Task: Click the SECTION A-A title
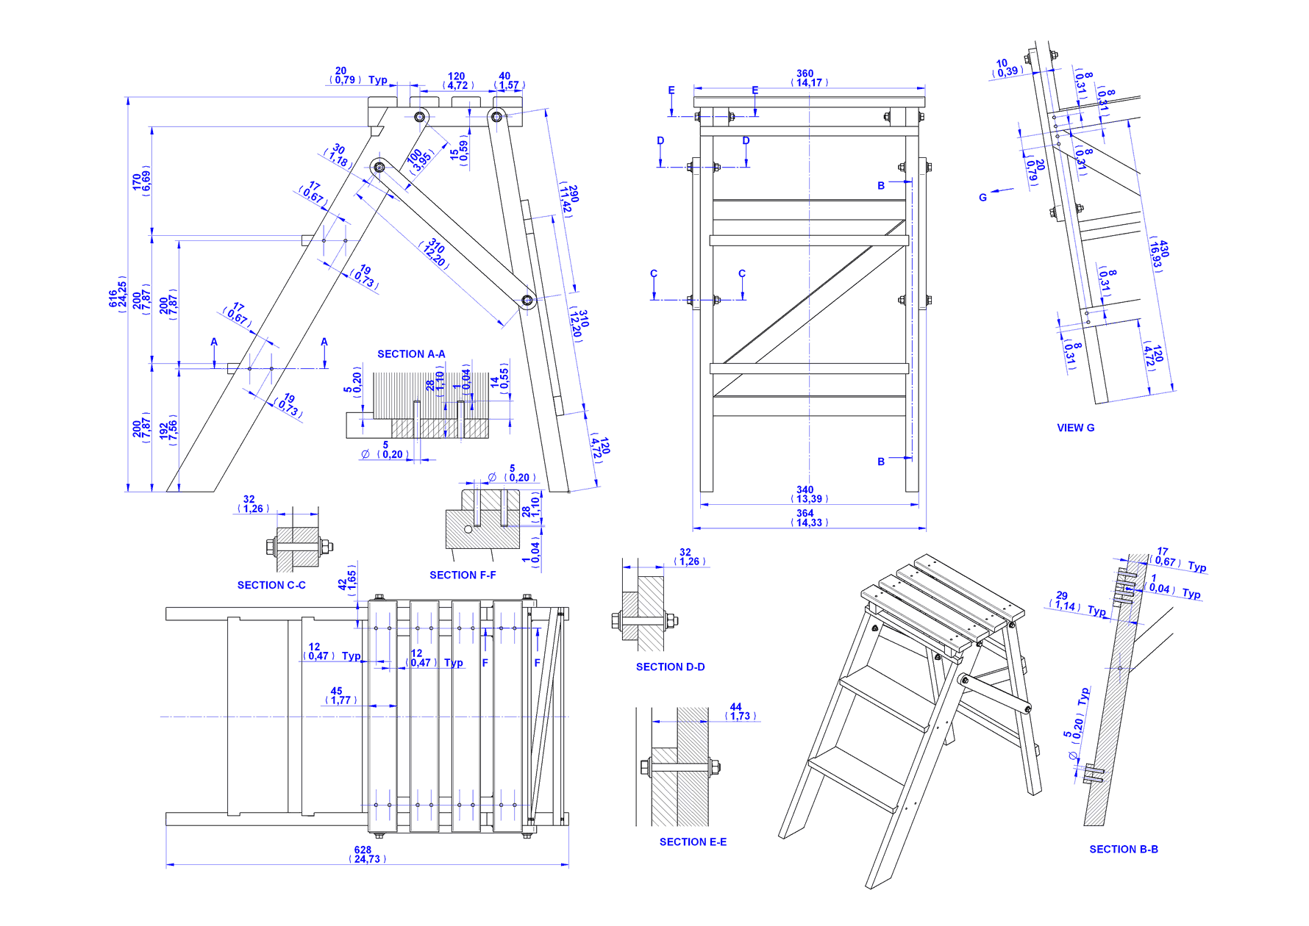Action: point(411,354)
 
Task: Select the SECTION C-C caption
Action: point(271,585)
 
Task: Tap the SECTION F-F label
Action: point(463,575)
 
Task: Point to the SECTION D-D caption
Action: point(670,667)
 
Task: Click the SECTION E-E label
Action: point(693,842)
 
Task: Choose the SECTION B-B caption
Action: point(1123,850)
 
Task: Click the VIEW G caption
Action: point(1075,428)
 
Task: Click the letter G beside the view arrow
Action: point(982,198)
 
